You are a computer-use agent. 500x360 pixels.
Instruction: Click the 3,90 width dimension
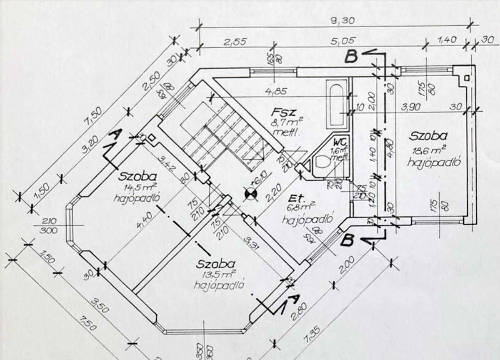click(x=410, y=107)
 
